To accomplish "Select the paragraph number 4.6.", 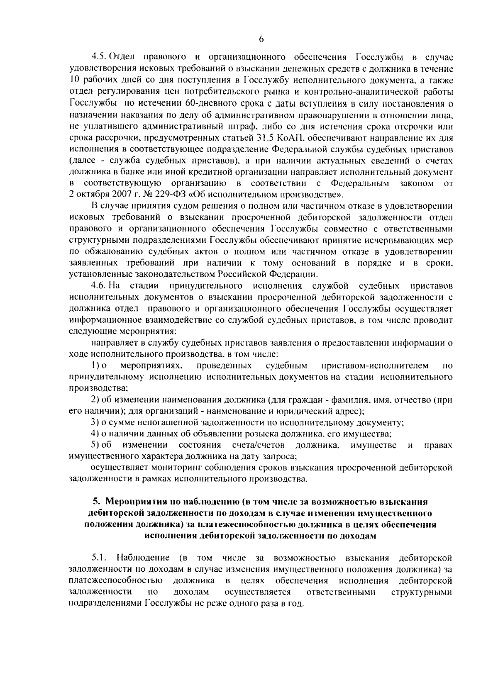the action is [x=100, y=286].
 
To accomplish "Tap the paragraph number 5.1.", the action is [x=100, y=557].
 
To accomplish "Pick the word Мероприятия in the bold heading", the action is [x=129, y=502].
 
